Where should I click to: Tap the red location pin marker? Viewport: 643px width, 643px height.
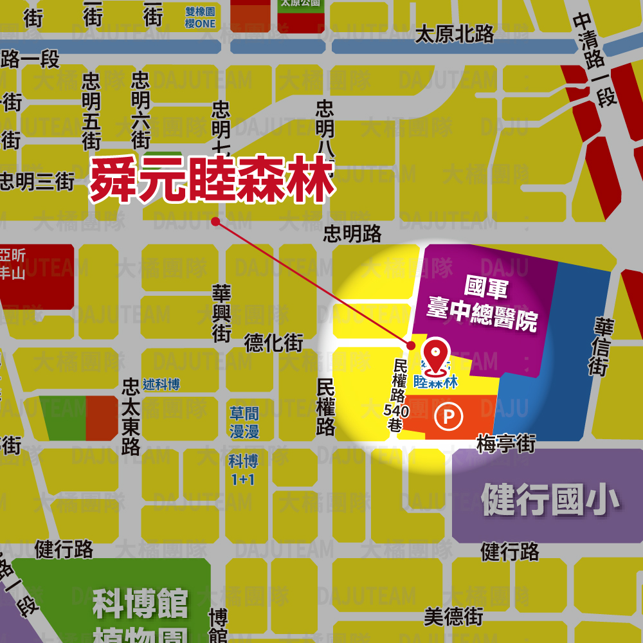[x=437, y=358]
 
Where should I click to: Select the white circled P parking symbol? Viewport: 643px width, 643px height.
[x=449, y=417]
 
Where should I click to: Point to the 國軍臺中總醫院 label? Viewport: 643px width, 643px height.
[x=483, y=303]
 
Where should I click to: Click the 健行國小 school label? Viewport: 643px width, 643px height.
[x=550, y=500]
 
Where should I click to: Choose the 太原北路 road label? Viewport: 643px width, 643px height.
[x=455, y=35]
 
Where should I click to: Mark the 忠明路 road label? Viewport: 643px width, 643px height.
[x=352, y=233]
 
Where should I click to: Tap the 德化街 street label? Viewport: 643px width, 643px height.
[x=273, y=343]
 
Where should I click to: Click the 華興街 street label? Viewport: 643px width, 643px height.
[x=222, y=314]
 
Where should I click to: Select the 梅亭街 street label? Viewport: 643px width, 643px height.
[x=506, y=444]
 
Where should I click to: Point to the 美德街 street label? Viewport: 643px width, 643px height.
[x=453, y=617]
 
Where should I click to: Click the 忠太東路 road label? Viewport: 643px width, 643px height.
[x=131, y=417]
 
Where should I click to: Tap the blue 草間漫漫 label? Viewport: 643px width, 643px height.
[x=244, y=422]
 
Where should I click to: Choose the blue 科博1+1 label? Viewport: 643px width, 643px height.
[x=243, y=470]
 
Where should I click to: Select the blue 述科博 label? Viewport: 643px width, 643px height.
[x=161, y=385]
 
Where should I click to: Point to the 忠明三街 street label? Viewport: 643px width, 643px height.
[x=37, y=182]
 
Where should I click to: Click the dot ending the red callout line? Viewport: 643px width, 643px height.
[x=215, y=222]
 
